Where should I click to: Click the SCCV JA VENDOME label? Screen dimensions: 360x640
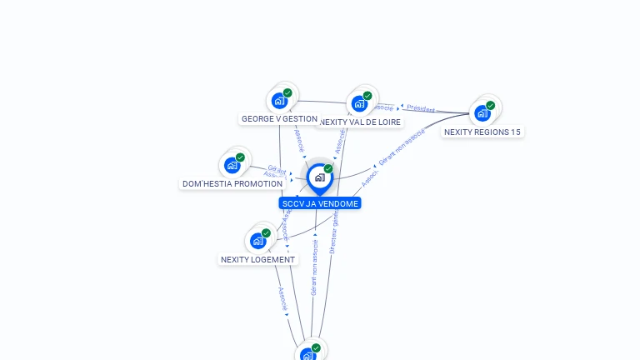coord(320,203)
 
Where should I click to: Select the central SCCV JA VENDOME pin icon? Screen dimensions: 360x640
coord(319,177)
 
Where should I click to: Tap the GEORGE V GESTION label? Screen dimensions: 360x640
coord(279,119)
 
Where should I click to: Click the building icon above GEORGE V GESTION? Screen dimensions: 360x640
coord(280,102)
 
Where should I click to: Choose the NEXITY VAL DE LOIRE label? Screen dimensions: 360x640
coord(360,122)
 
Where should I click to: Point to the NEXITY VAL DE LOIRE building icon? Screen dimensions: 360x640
coord(359,104)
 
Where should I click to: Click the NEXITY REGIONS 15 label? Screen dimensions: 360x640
coord(482,132)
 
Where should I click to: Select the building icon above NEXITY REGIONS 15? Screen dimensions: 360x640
coord(482,113)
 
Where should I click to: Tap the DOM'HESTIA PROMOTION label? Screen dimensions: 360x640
coord(232,183)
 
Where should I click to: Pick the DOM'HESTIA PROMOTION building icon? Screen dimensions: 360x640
coord(232,165)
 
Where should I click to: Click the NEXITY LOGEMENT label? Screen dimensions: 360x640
coord(257,259)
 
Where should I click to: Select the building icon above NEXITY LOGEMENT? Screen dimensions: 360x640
coord(258,241)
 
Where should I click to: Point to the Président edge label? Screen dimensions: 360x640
coord(421,109)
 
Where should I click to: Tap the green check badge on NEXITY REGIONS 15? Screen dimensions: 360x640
coord(490,106)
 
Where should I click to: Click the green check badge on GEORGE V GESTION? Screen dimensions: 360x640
coord(287,93)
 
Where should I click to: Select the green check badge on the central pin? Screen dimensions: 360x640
coord(328,168)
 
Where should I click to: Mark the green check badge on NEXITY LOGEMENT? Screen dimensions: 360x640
coord(266,233)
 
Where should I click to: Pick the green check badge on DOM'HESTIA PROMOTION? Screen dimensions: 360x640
coord(240,157)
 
